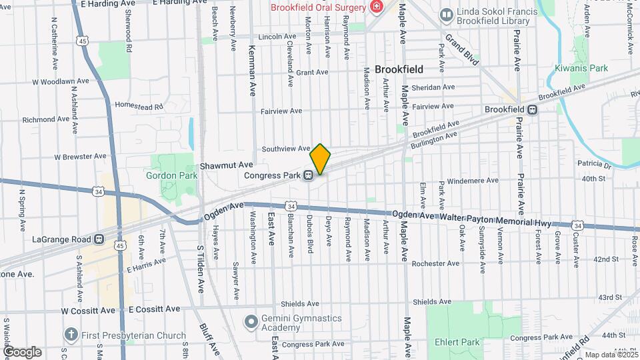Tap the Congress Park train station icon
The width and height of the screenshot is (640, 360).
pyautogui.click(x=308, y=176)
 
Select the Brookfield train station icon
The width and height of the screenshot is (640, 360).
pyautogui.click(x=532, y=109)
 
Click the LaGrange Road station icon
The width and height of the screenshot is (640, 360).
pyautogui.click(x=99, y=239)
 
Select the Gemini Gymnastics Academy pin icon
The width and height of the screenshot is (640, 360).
pyautogui.click(x=251, y=321)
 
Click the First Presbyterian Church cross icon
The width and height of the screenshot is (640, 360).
pyautogui.click(x=71, y=334)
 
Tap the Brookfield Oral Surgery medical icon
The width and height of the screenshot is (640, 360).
pyautogui.click(x=377, y=7)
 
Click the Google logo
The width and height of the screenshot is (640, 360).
pyautogui.click(x=22, y=351)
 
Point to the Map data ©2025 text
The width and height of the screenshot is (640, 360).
pyautogui.click(x=611, y=355)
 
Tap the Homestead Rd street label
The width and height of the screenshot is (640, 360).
pyautogui.click(x=139, y=106)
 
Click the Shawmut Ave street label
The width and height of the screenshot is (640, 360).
pyautogui.click(x=227, y=165)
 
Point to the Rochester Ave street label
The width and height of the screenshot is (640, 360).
pyautogui.click(x=436, y=263)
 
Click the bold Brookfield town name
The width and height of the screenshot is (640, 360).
pyautogui.click(x=399, y=69)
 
